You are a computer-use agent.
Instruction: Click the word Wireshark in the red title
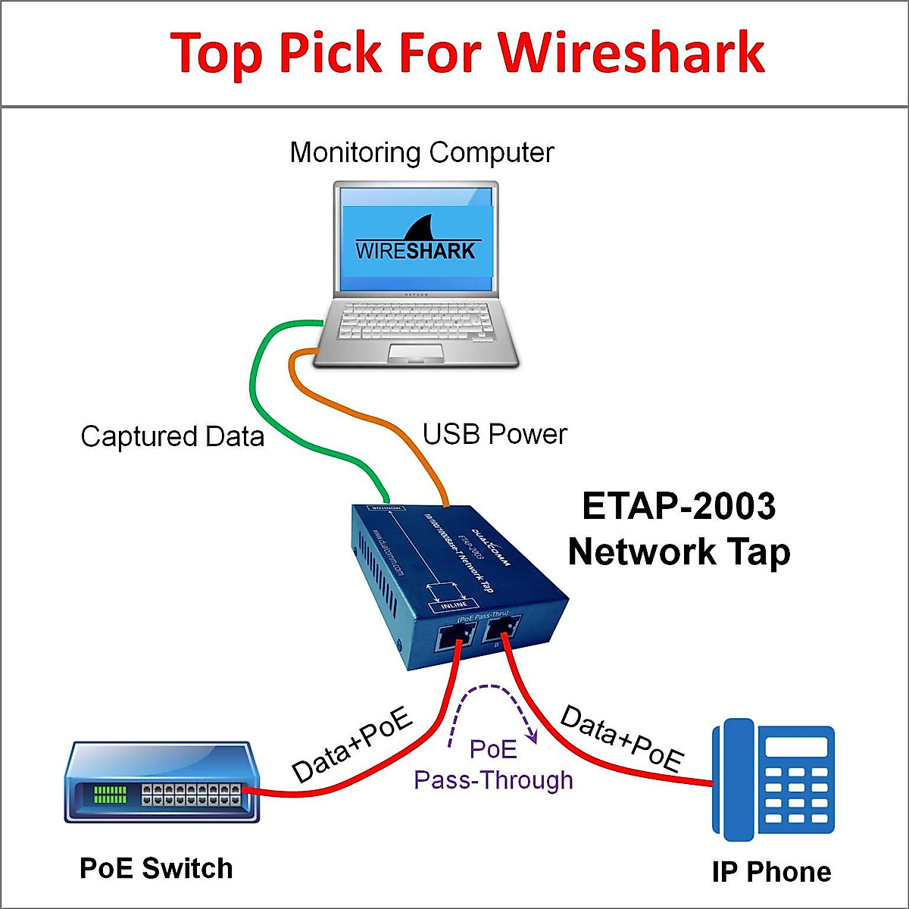click(x=630, y=53)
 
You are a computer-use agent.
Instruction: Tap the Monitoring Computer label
click(x=422, y=152)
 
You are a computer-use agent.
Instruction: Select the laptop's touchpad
click(x=415, y=352)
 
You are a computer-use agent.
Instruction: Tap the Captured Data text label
click(x=172, y=437)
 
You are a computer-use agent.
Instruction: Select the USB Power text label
click(x=495, y=434)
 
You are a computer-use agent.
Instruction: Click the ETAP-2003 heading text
click(x=679, y=506)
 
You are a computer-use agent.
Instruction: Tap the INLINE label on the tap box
click(x=454, y=605)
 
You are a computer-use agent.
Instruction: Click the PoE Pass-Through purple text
click(x=493, y=765)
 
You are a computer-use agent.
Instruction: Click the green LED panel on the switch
click(x=110, y=794)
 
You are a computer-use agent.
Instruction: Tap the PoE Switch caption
click(x=156, y=868)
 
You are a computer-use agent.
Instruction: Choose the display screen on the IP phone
click(x=795, y=746)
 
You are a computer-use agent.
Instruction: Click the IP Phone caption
click(x=771, y=872)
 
